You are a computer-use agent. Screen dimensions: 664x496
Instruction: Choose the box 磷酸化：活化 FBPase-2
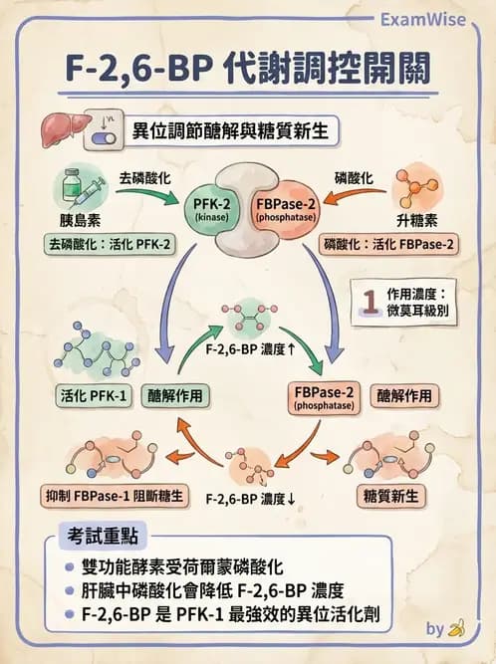[x=390, y=243]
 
